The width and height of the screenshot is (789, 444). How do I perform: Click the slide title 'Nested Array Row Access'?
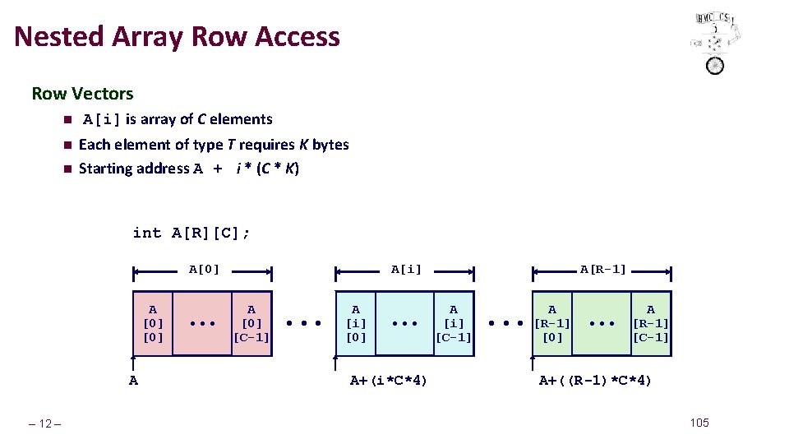pos(177,37)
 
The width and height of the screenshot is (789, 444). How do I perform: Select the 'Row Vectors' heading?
pos(82,94)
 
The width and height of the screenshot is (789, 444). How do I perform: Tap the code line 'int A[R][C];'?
pos(191,233)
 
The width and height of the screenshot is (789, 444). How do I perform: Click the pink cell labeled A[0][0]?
pos(153,323)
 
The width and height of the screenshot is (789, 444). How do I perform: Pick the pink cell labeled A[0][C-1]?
pos(251,323)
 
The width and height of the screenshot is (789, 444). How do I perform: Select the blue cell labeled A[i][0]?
pos(355,323)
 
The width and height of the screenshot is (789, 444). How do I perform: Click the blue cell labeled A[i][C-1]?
pos(454,323)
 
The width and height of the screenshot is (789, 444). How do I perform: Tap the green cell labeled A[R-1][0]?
pos(552,323)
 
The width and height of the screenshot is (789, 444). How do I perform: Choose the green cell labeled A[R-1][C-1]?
pos(651,323)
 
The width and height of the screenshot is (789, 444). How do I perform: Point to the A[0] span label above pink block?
pos(204,269)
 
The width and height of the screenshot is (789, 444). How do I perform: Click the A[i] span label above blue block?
pos(405,269)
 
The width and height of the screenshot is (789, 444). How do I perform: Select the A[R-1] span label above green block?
pos(602,269)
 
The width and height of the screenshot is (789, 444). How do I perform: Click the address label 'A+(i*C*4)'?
pos(389,380)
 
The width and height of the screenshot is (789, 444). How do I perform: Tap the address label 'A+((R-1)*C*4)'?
pos(595,380)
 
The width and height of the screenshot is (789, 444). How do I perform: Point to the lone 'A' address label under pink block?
pos(133,380)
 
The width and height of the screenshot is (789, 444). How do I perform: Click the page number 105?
pos(699,423)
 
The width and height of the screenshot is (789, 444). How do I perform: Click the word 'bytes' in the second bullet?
pos(330,145)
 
